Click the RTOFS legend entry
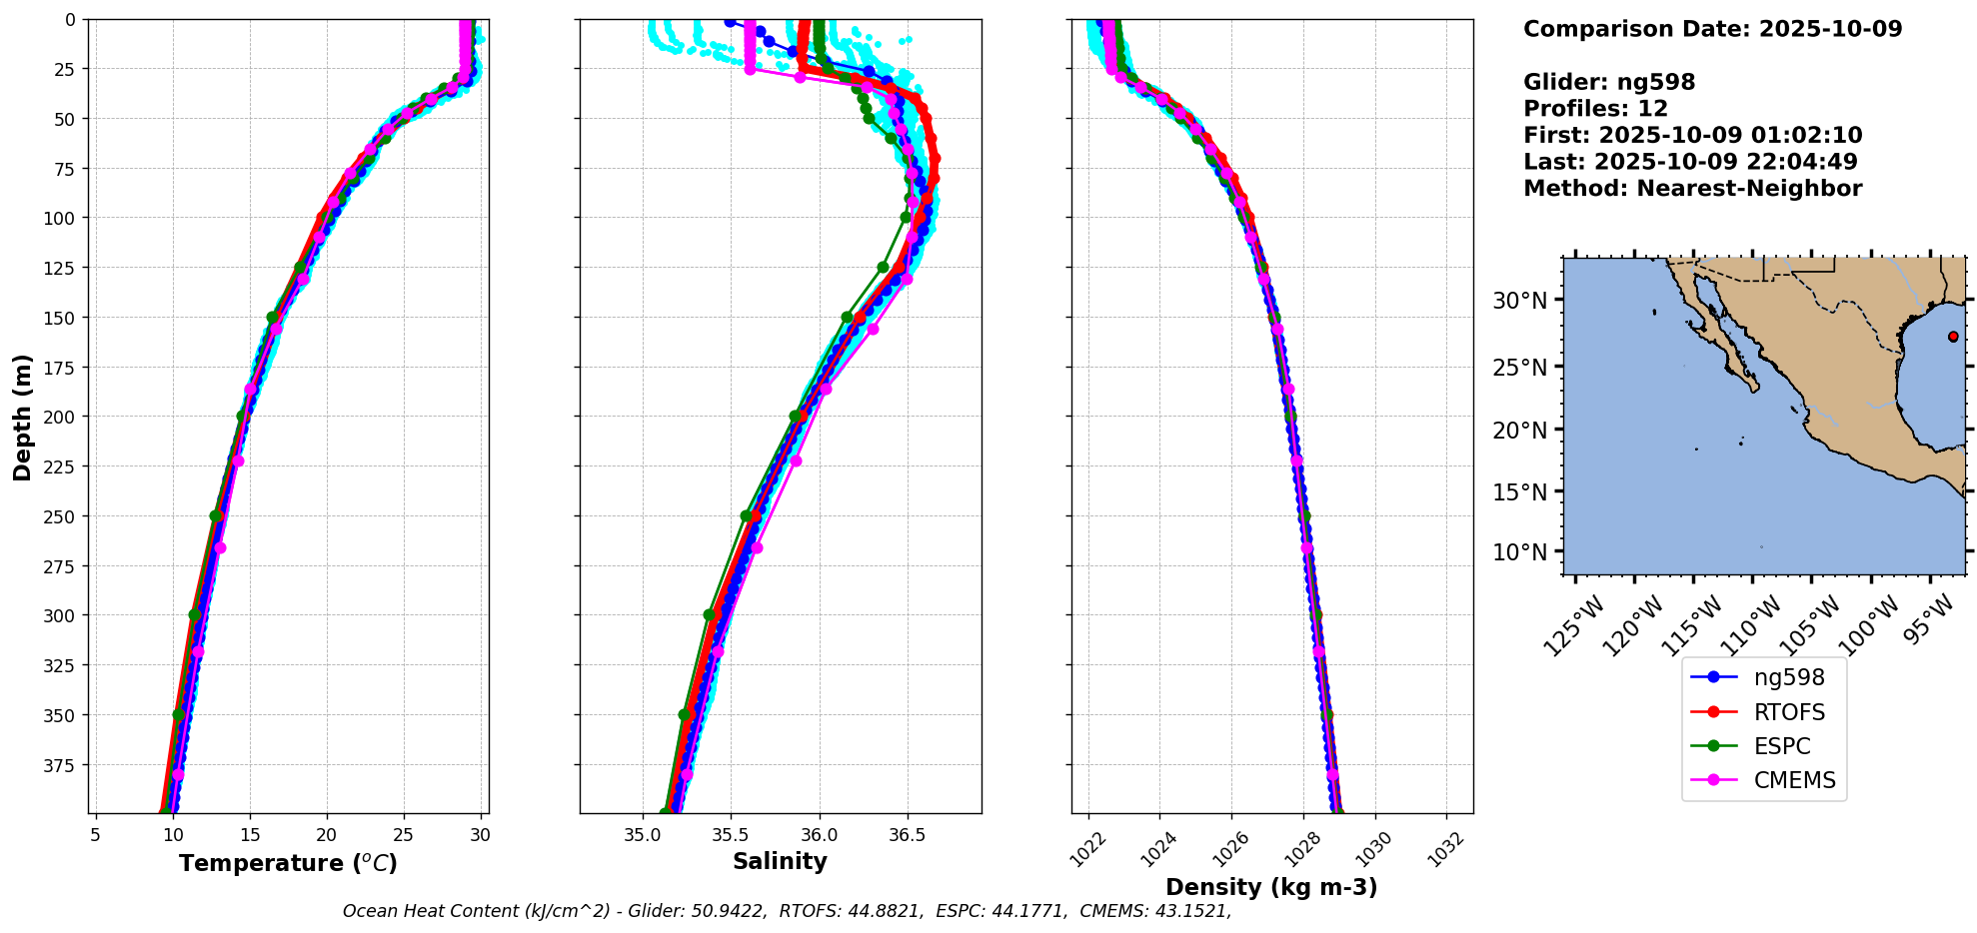point(1788,712)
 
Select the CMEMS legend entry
point(1794,780)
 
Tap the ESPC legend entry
point(1781,746)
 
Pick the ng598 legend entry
point(1788,677)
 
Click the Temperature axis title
point(288,863)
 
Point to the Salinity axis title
point(780,861)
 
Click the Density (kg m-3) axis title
point(1271,887)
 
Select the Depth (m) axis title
point(22,417)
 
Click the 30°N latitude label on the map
point(1519,301)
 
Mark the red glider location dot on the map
point(1953,337)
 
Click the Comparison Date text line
point(1712,29)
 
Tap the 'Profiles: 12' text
point(1595,109)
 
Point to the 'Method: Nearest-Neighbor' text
point(1692,189)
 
